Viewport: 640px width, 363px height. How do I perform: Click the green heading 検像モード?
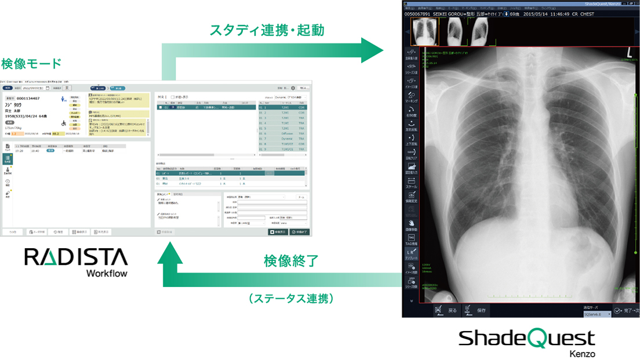click(31, 63)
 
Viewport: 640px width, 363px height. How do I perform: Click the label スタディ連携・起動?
click(267, 30)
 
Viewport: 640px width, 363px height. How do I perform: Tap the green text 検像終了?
click(291, 260)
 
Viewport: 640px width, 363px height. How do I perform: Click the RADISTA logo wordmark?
click(76, 257)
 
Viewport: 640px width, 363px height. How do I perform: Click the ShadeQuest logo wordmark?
click(526, 338)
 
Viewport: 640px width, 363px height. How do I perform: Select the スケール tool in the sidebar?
click(411, 183)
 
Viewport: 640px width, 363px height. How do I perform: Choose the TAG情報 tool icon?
click(411, 239)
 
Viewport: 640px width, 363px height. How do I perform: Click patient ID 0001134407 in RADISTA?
click(28, 98)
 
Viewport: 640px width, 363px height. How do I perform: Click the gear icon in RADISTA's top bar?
click(293, 88)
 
